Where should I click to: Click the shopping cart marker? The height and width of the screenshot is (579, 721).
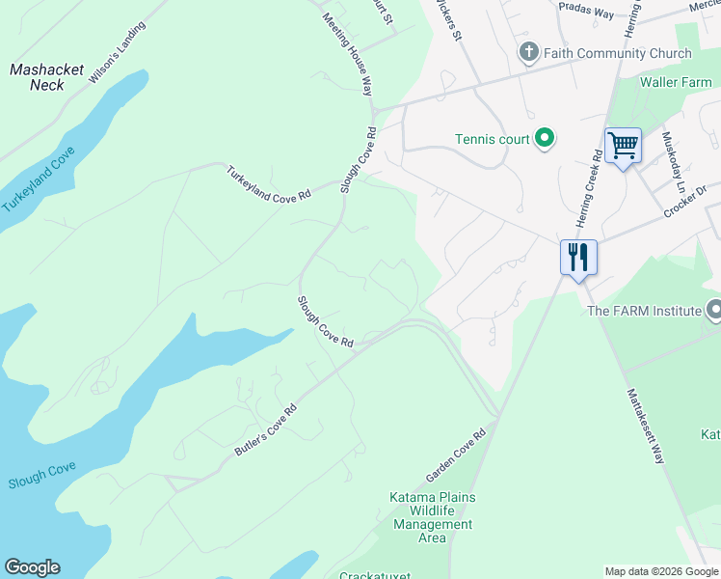click(x=623, y=146)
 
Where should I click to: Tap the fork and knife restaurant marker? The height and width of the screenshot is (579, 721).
click(x=578, y=258)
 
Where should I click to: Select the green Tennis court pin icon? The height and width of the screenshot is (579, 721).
click(x=545, y=139)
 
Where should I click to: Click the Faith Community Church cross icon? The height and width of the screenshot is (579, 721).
click(x=528, y=52)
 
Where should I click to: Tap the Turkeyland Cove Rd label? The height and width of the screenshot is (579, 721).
click(x=269, y=183)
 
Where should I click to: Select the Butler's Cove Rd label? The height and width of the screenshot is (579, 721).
click(x=264, y=430)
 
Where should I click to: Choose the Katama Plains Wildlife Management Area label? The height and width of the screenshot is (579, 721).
click(x=432, y=517)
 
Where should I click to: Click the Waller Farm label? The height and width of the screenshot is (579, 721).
click(x=676, y=83)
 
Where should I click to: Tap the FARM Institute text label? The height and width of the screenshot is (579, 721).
click(x=644, y=311)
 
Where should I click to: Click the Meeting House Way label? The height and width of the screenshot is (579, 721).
click(x=348, y=54)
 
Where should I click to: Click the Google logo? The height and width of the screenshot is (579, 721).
click(x=32, y=567)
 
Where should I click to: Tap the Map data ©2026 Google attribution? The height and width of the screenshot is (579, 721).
click(x=661, y=571)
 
